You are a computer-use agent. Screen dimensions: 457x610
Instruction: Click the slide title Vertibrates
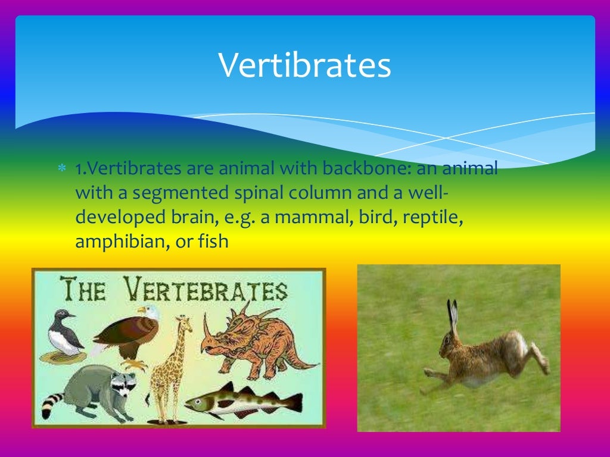[304, 66]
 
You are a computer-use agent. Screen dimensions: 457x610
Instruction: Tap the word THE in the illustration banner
[84, 292]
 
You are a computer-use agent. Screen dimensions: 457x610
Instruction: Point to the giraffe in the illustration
[168, 363]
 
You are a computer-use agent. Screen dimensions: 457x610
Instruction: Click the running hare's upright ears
[453, 315]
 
